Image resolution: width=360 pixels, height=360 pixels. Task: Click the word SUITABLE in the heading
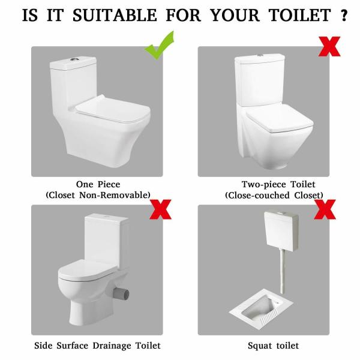(x=111, y=14)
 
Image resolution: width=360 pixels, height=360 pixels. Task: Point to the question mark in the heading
(x=344, y=14)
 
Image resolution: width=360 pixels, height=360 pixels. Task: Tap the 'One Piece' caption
(x=97, y=184)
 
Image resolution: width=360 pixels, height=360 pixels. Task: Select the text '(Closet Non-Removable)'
(x=97, y=195)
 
